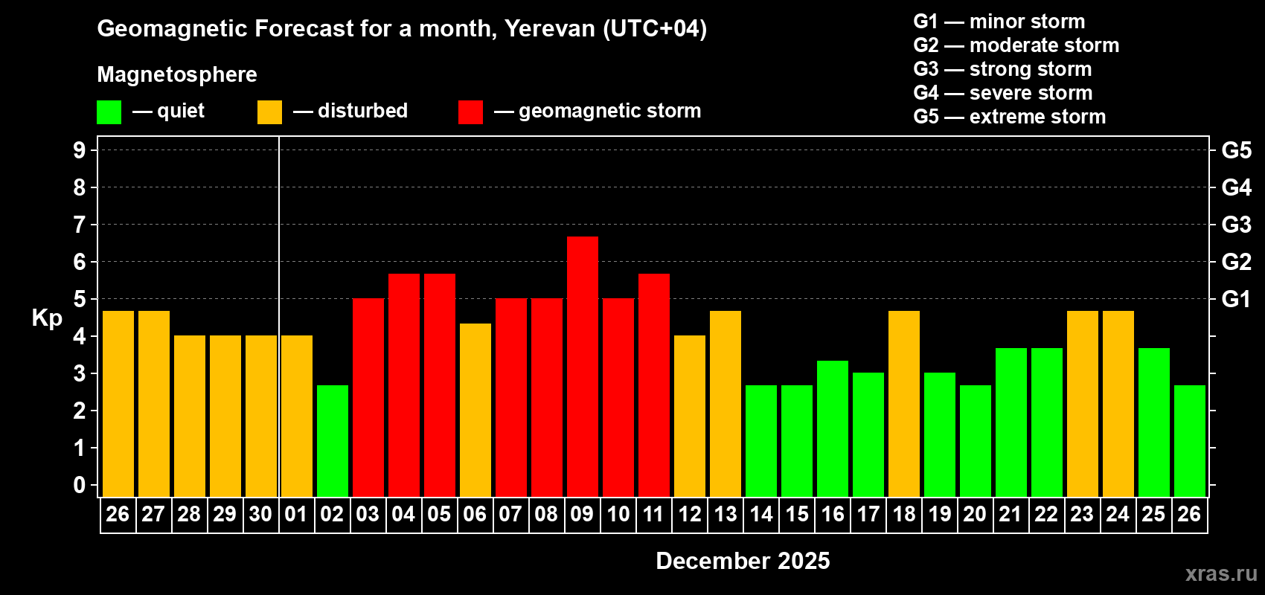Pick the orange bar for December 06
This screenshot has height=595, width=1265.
475,409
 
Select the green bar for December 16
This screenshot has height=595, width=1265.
832,428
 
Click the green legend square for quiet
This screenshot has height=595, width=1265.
109,112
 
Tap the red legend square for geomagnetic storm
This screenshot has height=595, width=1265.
470,112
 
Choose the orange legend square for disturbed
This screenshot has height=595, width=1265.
269,112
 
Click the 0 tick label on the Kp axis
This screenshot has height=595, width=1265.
80,486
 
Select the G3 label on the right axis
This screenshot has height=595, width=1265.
1236,225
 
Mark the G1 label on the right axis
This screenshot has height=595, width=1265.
1236,299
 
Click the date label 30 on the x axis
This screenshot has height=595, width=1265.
260,514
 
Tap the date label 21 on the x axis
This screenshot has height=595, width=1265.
1011,514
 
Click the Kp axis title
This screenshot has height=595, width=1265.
47,318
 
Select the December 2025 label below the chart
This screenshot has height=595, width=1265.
743,561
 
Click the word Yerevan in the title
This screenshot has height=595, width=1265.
550,28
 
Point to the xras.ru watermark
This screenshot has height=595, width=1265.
1220,573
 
